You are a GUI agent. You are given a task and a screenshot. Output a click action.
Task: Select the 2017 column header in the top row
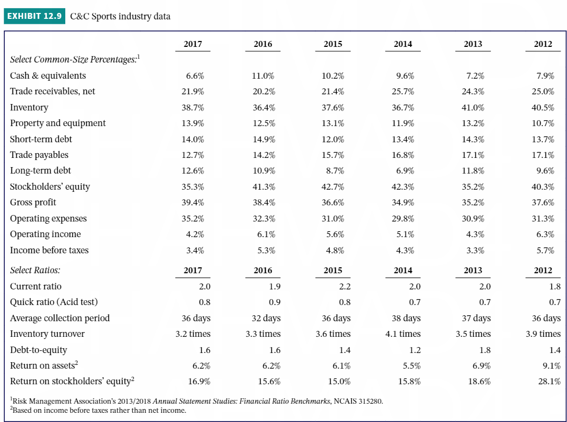pyautogui.click(x=193, y=44)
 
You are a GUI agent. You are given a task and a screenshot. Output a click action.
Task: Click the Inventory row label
pyautogui.click(x=29, y=107)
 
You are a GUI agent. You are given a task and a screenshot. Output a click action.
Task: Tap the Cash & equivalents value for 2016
pyautogui.click(x=263, y=76)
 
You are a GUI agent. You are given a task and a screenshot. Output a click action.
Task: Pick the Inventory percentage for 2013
pyautogui.click(x=473, y=108)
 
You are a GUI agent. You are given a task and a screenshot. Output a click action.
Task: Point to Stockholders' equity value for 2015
pyautogui.click(x=333, y=187)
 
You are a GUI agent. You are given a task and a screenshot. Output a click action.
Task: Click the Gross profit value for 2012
pyautogui.click(x=543, y=203)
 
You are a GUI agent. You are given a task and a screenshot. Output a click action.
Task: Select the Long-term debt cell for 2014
pyautogui.click(x=405, y=171)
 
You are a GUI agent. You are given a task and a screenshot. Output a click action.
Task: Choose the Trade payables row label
pyautogui.click(x=39, y=155)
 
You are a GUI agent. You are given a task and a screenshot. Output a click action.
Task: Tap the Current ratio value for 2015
pyautogui.click(x=344, y=286)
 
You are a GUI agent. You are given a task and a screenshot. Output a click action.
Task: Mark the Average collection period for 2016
pyautogui.click(x=266, y=318)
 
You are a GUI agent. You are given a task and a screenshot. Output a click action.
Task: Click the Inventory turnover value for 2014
pyautogui.click(x=403, y=334)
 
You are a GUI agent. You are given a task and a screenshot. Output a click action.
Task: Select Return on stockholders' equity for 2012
pyautogui.click(x=543, y=381)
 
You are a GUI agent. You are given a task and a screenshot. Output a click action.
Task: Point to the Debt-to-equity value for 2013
pyautogui.click(x=485, y=350)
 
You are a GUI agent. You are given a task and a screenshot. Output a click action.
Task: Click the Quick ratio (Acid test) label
pyautogui.click(x=54, y=302)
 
